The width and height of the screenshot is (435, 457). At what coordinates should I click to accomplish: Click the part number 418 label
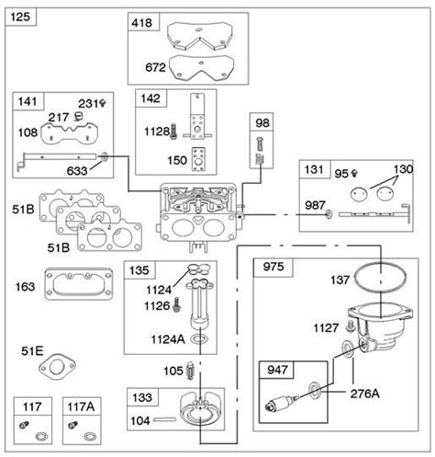141,23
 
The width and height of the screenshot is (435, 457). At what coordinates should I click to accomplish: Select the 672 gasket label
155,67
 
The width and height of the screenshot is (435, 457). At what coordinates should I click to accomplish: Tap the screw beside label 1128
173,131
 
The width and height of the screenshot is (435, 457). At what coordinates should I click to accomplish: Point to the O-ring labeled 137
381,278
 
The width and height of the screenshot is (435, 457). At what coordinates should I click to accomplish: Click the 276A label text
364,394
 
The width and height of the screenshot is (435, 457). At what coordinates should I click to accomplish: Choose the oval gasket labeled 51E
57,367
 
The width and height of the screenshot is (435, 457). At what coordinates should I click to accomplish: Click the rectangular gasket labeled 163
79,284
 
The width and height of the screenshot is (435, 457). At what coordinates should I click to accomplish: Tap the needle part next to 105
190,371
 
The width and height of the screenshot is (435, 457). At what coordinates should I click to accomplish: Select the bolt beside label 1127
350,326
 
